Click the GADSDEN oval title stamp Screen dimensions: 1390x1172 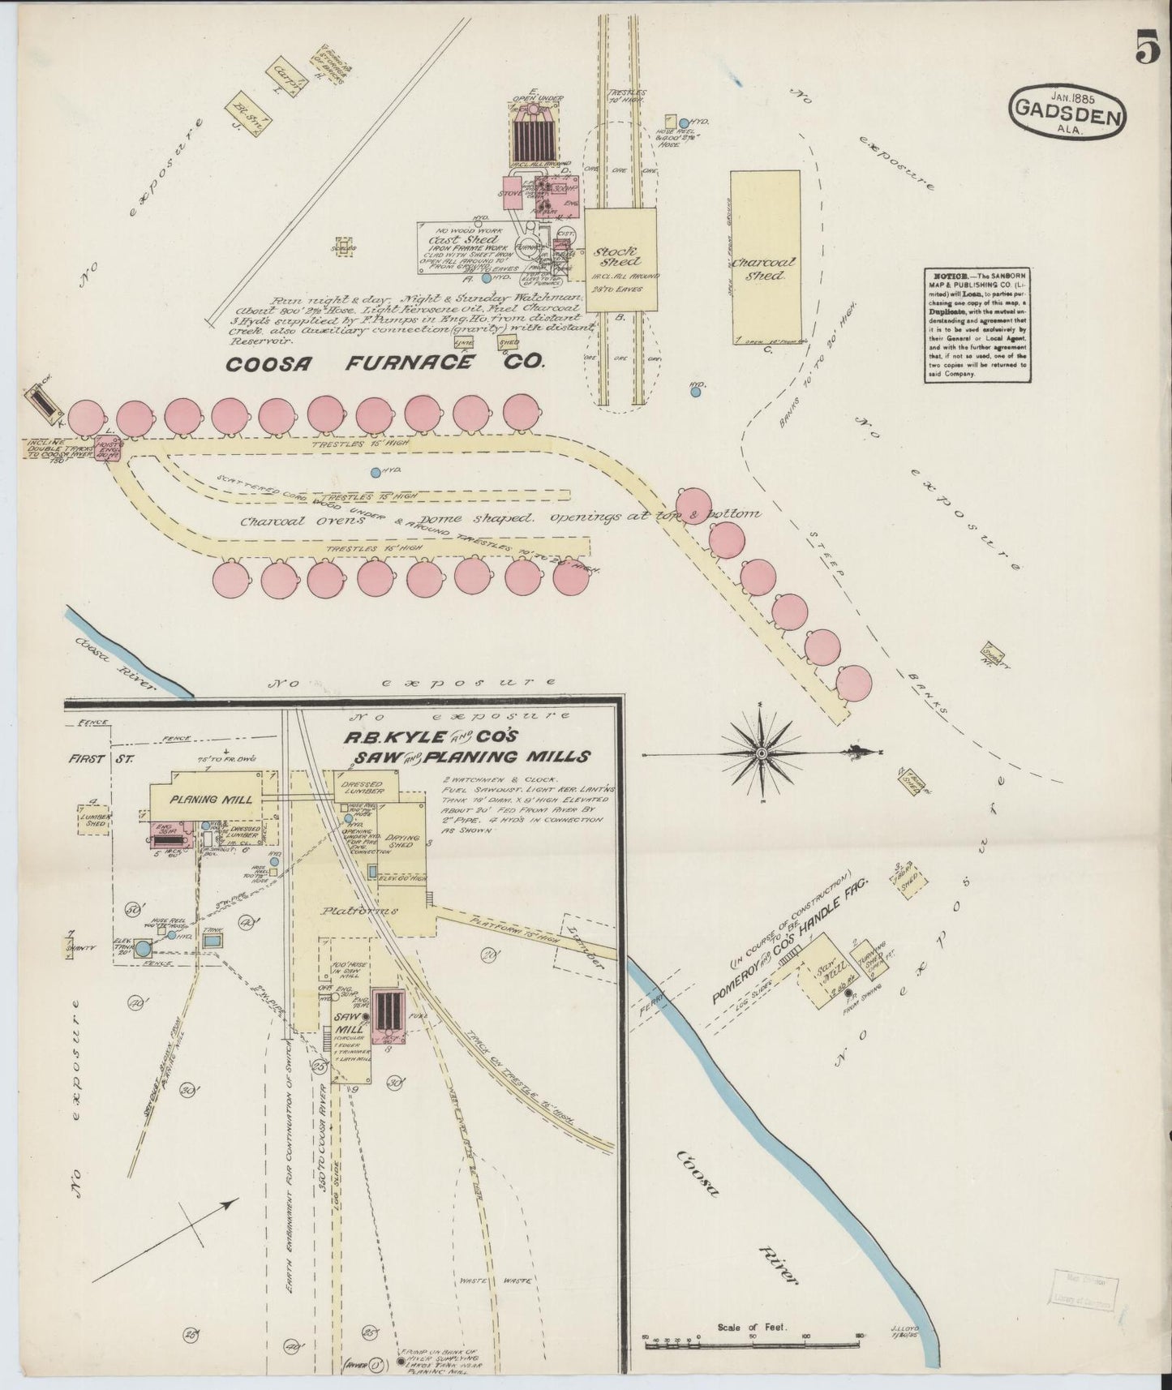tap(1068, 117)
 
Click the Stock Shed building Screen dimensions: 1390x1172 tap(620, 259)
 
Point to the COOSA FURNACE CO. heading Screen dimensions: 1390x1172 tap(385, 364)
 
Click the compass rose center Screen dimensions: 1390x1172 tap(761, 753)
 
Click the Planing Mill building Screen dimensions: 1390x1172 tap(211, 799)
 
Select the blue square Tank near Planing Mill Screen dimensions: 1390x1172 tap(214, 942)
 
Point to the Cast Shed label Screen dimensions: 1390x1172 tap(453, 241)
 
